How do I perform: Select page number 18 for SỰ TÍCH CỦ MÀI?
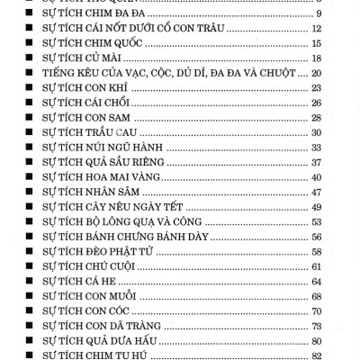pos(317,58)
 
